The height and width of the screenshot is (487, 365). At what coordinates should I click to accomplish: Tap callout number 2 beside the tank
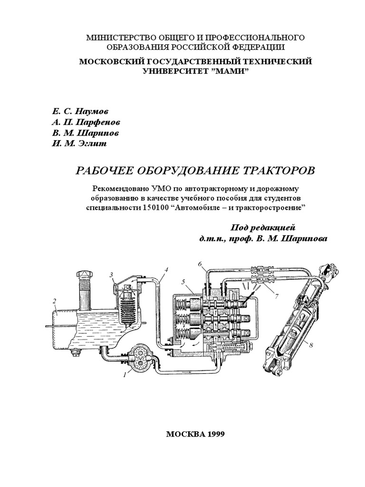55,301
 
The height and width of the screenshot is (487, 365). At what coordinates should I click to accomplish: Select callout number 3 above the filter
111,275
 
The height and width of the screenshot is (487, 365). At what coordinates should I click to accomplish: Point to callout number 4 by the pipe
167,270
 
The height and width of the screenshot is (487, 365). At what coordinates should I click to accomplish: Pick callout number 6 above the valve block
200,264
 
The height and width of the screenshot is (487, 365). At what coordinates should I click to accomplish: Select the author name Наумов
92,111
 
